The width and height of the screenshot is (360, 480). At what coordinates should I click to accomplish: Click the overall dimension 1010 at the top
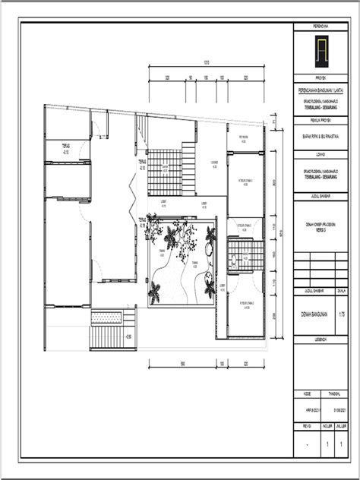click(205, 62)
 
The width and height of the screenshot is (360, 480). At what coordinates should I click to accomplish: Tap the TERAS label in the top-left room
click(67, 145)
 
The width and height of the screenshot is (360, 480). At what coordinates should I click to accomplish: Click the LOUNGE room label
click(215, 163)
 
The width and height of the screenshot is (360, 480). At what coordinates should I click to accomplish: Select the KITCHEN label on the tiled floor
click(166, 167)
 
